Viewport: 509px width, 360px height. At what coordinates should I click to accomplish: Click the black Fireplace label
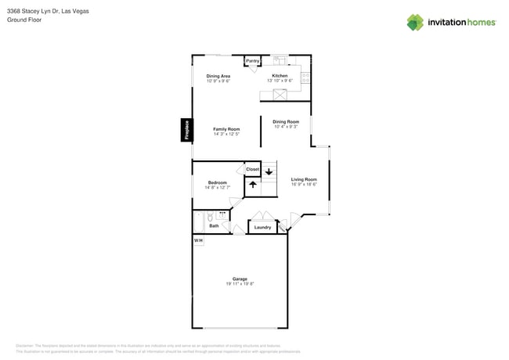tap(186, 130)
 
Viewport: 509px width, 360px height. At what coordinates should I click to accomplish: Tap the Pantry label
tap(253, 61)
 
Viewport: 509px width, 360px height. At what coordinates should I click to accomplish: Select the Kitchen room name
tap(280, 76)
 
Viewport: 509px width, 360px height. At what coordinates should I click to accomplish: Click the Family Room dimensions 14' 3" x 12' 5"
tap(226, 134)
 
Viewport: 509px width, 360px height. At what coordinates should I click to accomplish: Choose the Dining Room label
tap(286, 121)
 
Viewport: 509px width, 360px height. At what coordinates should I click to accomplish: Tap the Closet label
tap(252, 169)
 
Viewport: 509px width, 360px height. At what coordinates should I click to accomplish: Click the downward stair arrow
tap(269, 171)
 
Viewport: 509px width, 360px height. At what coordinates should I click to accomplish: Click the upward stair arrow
tap(253, 185)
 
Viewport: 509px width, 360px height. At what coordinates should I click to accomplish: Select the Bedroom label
tap(217, 182)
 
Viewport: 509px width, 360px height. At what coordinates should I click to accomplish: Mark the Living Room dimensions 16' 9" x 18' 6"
tap(304, 185)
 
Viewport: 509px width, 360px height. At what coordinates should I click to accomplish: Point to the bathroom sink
tap(222, 214)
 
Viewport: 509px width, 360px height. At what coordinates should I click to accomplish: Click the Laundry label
tap(262, 228)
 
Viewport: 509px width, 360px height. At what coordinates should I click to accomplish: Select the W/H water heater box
tap(198, 240)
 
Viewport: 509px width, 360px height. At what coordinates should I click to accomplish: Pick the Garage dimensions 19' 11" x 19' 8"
tap(240, 284)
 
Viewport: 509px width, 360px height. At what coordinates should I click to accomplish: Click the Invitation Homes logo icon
tap(415, 22)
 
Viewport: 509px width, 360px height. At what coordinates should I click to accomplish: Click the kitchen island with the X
tap(280, 95)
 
